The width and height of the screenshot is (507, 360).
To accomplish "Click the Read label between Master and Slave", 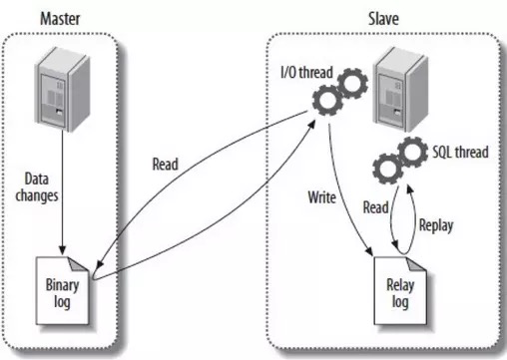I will pyautogui.click(x=167, y=165).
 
